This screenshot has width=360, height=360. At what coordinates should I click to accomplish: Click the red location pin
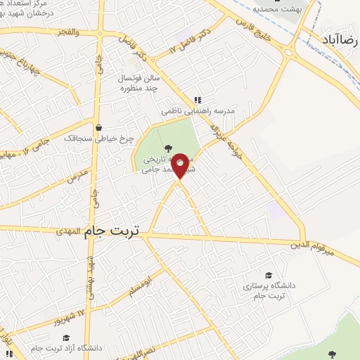180,166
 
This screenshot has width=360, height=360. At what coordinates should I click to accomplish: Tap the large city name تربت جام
112,231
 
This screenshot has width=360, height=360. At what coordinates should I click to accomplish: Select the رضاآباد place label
340,38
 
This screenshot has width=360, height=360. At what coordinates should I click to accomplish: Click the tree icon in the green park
167,148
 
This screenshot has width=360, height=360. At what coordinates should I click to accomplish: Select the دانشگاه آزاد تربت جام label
62,348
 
